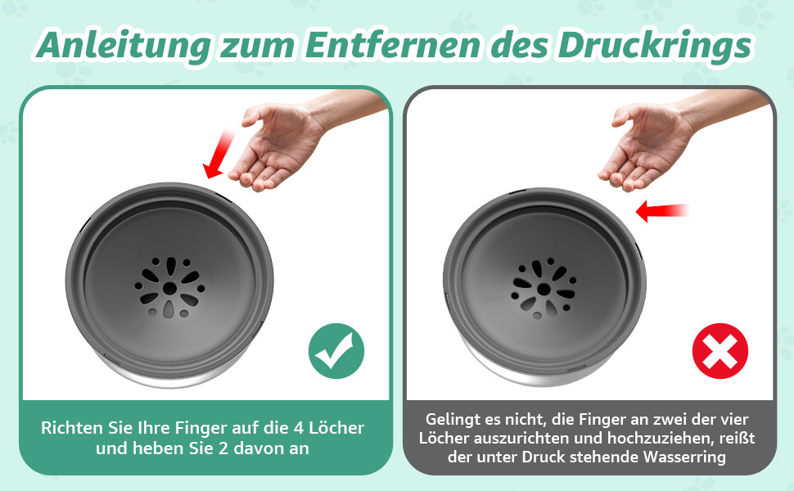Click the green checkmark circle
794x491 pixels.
(336, 351)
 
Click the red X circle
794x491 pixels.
(720, 351)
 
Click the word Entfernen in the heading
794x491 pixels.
(392, 44)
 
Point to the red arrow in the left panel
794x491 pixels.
(219, 154)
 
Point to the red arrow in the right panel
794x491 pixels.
(661, 210)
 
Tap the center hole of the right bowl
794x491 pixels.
(544, 290)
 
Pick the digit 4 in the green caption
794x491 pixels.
(298, 428)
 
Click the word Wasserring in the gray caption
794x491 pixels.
(684, 457)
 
